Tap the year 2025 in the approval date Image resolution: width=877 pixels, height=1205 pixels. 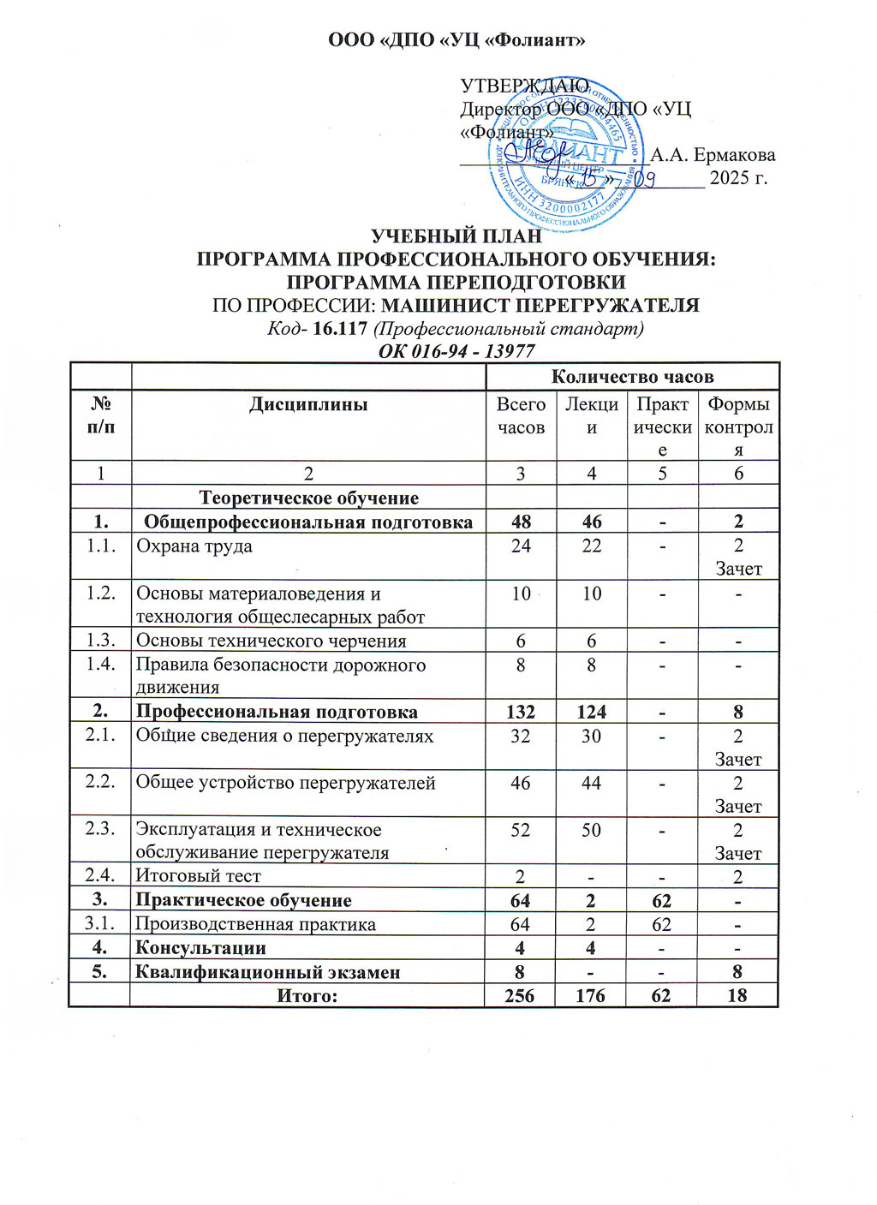tap(729, 178)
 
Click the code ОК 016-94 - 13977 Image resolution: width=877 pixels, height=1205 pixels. tap(456, 351)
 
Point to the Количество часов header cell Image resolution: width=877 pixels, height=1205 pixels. tap(632, 377)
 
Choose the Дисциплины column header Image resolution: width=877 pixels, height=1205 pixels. tap(308, 404)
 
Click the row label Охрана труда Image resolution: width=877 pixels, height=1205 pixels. tap(194, 546)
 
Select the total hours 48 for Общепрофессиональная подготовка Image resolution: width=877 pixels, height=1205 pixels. tap(521, 522)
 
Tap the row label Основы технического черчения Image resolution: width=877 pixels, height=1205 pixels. tap(271, 641)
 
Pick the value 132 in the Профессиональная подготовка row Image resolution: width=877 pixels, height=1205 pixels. tap(521, 712)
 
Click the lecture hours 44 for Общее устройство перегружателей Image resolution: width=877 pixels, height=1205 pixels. tap(591, 783)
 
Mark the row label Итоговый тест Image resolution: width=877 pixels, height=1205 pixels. tap(199, 876)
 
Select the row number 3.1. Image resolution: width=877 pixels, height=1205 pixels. tap(100, 924)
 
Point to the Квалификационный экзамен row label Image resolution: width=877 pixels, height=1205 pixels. tap(268, 972)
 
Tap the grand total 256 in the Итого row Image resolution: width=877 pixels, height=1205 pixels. tap(520, 995)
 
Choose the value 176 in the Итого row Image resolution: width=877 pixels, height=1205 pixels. tap(591, 995)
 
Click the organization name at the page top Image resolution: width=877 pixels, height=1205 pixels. tap(456, 40)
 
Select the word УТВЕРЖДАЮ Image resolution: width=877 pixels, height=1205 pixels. tap(524, 86)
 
